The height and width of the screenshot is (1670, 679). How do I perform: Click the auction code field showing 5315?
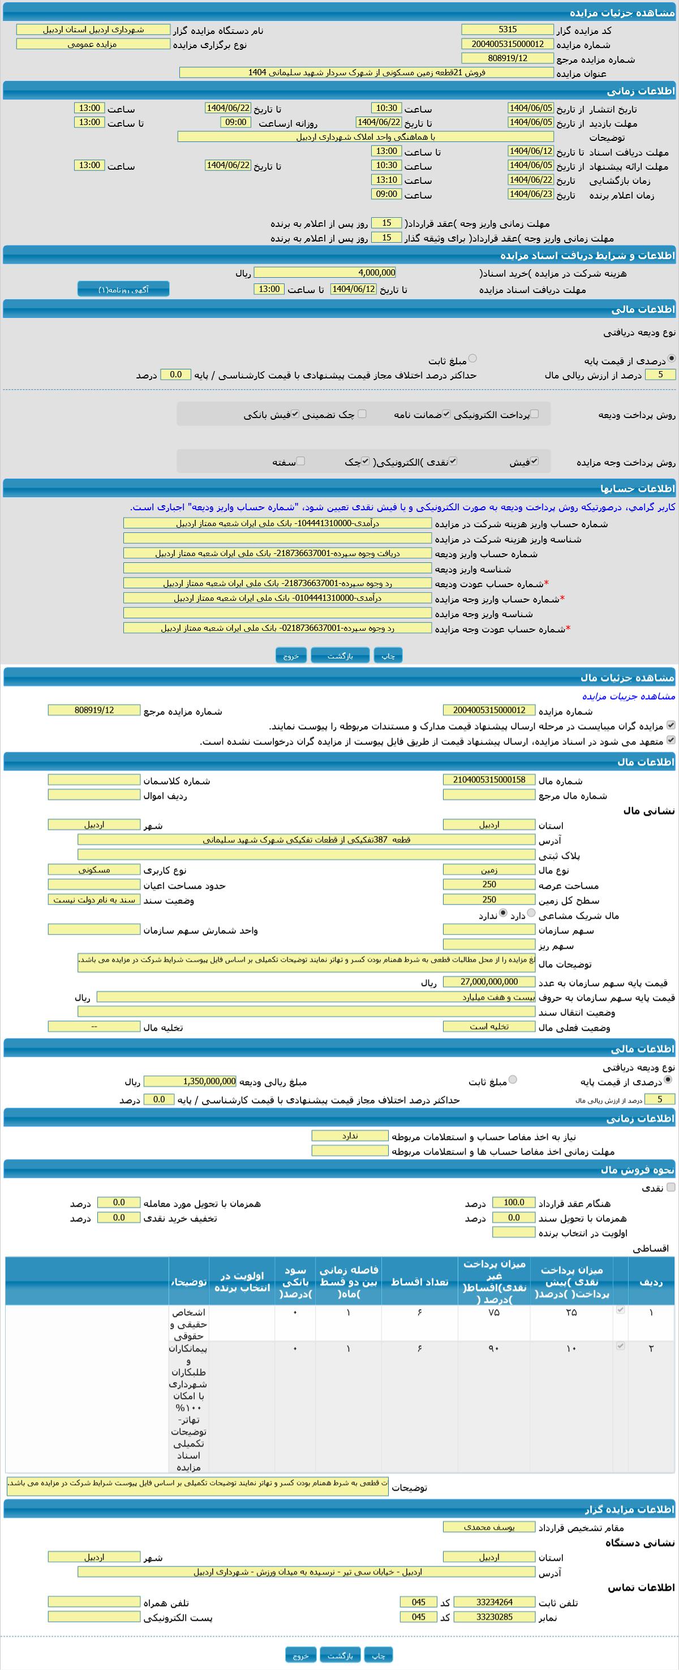pyautogui.click(x=507, y=30)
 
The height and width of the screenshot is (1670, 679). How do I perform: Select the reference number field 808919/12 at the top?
pyautogui.click(x=507, y=58)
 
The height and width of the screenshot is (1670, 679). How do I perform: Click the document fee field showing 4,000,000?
pyautogui.click(x=324, y=273)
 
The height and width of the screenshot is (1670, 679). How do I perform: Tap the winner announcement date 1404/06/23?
pyautogui.click(x=531, y=194)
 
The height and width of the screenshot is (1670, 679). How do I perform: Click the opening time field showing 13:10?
pyautogui.click(x=386, y=179)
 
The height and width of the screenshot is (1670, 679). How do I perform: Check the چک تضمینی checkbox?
pyautogui.click(x=362, y=414)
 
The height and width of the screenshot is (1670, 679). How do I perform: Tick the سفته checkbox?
pyautogui.click(x=300, y=461)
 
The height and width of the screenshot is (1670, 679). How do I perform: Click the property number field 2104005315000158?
pyautogui.click(x=489, y=780)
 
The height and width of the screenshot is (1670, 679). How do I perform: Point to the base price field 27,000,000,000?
pyautogui.click(x=489, y=982)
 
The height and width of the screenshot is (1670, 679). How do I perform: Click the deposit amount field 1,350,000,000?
pyautogui.click(x=190, y=1081)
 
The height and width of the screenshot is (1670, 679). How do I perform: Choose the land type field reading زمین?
pyautogui.click(x=489, y=870)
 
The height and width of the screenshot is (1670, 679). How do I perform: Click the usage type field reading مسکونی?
pyautogui.click(x=94, y=870)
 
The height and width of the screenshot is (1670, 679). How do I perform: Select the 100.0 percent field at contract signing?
pyautogui.click(x=514, y=1203)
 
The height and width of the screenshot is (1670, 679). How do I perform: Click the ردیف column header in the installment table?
pyautogui.click(x=651, y=1282)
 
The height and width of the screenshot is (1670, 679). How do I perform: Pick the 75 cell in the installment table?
pyautogui.click(x=493, y=1312)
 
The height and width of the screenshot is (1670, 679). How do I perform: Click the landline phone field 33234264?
pyautogui.click(x=494, y=1602)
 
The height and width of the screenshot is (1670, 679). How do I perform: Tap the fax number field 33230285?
pyautogui.click(x=494, y=1617)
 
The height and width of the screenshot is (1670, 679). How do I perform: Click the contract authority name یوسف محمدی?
pyautogui.click(x=489, y=1527)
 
